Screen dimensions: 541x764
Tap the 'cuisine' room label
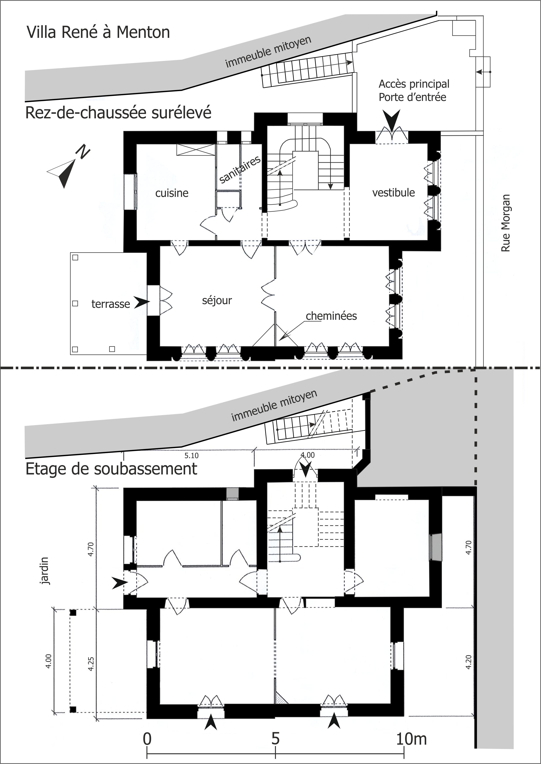pyautogui.click(x=172, y=193)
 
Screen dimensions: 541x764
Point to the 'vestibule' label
pyautogui.click(x=393, y=193)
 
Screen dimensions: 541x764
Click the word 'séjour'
pyautogui.click(x=217, y=300)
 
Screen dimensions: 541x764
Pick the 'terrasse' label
pyautogui.click(x=111, y=304)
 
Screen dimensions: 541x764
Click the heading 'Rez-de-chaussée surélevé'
pyautogui.click(x=118, y=113)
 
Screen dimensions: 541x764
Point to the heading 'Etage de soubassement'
pyautogui.click(x=111, y=469)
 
